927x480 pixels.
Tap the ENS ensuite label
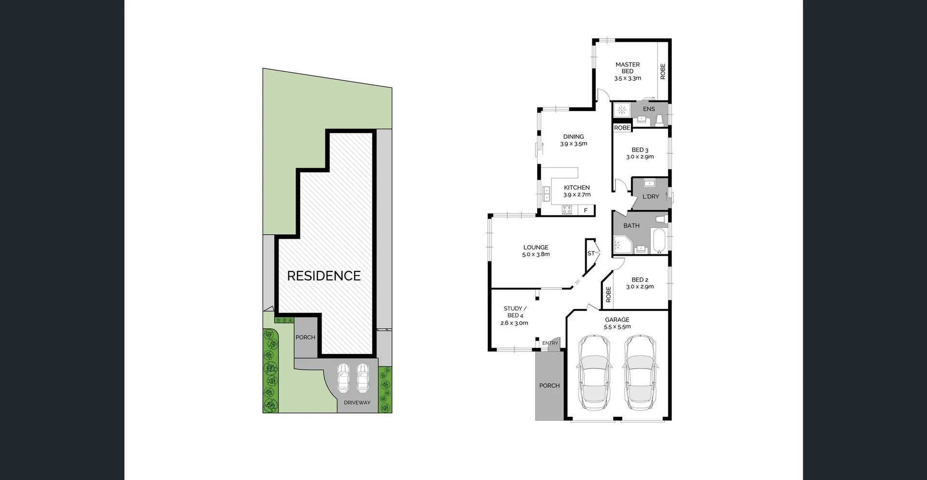pyautogui.click(x=649, y=109)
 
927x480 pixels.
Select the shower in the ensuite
pyautogui.click(x=622, y=110)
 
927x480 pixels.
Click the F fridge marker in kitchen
pyautogui.click(x=586, y=211)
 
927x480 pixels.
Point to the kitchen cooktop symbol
pyautogui.click(x=567, y=210)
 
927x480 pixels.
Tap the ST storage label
pyautogui.click(x=591, y=254)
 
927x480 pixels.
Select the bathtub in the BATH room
pyautogui.click(x=659, y=241)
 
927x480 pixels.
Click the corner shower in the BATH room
pyautogui.click(x=622, y=245)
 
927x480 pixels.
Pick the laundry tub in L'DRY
pyautogui.click(x=650, y=183)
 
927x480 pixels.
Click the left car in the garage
pyautogui.click(x=594, y=372)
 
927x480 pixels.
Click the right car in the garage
pyautogui.click(x=640, y=372)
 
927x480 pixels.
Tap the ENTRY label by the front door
pyautogui.click(x=550, y=343)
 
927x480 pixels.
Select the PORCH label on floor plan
pyautogui.click(x=549, y=385)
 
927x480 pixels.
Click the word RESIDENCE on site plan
pyautogui.click(x=324, y=276)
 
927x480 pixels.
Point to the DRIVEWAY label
pyautogui.click(x=357, y=403)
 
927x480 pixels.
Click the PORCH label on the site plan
pyautogui.click(x=305, y=338)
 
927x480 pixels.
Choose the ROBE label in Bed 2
pyautogui.click(x=608, y=295)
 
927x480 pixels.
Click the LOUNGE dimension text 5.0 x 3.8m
pyautogui.click(x=536, y=254)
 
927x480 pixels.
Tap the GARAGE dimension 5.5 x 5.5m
pyautogui.click(x=617, y=327)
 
